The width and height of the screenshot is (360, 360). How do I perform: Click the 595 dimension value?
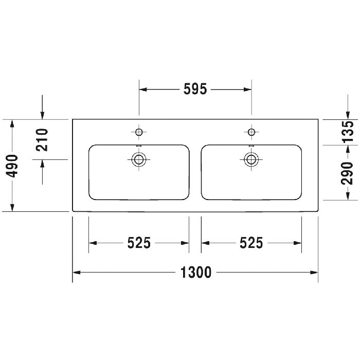tap(195, 89)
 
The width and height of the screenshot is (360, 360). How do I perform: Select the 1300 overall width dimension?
tap(195, 272)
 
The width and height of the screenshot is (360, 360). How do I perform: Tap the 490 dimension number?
tap(12, 165)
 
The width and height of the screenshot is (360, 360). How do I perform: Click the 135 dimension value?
tap(348, 132)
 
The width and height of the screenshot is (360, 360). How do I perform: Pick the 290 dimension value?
tap(348, 173)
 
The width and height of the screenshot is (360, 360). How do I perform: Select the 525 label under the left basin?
tap(139, 242)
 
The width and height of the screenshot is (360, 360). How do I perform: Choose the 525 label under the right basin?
tap(251, 242)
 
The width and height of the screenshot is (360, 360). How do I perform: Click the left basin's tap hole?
tap(138, 132)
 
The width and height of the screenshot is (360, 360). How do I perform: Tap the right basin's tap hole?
tap(251, 132)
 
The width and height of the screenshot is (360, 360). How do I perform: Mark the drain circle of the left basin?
tap(138, 159)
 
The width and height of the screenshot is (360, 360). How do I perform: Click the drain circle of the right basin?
tap(251, 159)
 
